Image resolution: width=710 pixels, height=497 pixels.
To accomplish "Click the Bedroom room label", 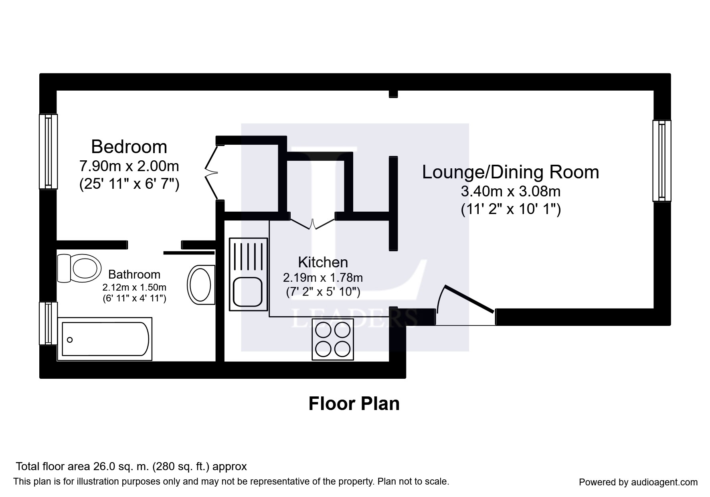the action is [129, 147].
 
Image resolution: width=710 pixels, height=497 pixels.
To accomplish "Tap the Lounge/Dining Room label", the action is [510, 172].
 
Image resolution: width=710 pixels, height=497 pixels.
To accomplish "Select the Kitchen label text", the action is [323, 262].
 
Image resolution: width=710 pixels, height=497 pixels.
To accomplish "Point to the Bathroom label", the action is [134, 275].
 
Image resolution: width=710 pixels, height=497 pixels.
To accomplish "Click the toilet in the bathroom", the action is [79, 268].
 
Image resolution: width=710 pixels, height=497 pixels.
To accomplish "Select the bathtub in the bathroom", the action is [105, 339].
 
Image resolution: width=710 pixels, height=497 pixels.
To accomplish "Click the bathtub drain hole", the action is [70, 340].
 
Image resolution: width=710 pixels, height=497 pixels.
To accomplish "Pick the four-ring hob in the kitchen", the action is [333, 339].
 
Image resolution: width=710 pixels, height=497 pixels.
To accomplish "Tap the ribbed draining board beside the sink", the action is [248, 257].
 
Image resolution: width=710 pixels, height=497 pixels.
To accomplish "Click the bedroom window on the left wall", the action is [48, 152].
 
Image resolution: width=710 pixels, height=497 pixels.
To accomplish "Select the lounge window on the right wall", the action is [661, 161].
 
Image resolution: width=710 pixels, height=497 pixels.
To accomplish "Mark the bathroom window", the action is [48, 323].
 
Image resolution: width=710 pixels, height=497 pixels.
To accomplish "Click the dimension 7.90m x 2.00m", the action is [129, 166].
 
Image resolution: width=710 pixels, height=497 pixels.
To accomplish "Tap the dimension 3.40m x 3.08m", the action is [510, 192].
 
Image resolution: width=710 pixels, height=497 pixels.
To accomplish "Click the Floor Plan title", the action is [354, 404].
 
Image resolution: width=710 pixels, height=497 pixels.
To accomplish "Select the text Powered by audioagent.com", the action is [638, 482].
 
